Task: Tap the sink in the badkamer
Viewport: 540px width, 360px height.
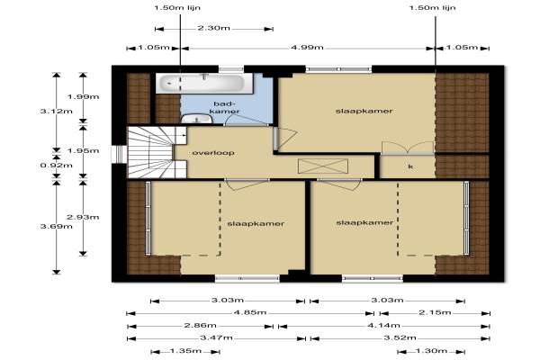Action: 196,119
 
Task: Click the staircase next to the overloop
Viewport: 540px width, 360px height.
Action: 157,152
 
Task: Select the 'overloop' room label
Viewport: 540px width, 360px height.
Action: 213,153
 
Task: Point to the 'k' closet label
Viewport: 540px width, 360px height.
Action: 410,166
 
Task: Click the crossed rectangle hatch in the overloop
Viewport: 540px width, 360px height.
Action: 323,166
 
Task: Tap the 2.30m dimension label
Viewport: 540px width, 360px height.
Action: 213,28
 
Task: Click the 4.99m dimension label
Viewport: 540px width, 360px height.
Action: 307,47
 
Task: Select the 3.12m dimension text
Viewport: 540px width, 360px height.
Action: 57,111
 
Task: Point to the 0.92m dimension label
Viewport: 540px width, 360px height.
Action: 57,166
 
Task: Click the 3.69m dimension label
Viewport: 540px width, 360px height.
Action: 57,226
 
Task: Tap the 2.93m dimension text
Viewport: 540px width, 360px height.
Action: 83,217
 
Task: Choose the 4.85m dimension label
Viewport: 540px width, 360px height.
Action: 250,312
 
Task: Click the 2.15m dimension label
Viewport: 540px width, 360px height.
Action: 435,312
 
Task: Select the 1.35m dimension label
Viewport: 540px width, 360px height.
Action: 185,351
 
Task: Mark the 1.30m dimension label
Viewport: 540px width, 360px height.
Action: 431,351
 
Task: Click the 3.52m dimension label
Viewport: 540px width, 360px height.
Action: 400,337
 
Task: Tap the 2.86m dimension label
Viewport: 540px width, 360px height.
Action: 200,325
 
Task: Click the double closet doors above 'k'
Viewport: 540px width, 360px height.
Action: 408,148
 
